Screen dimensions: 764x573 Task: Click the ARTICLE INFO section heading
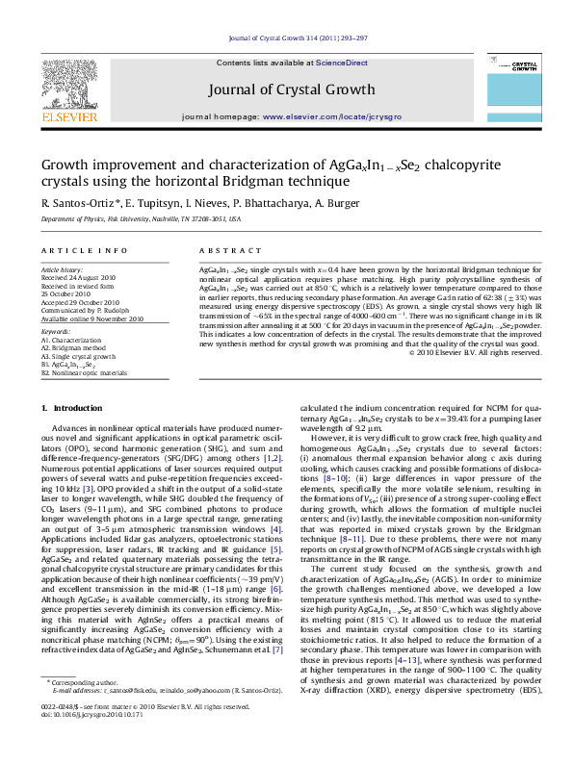(x=74, y=249)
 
